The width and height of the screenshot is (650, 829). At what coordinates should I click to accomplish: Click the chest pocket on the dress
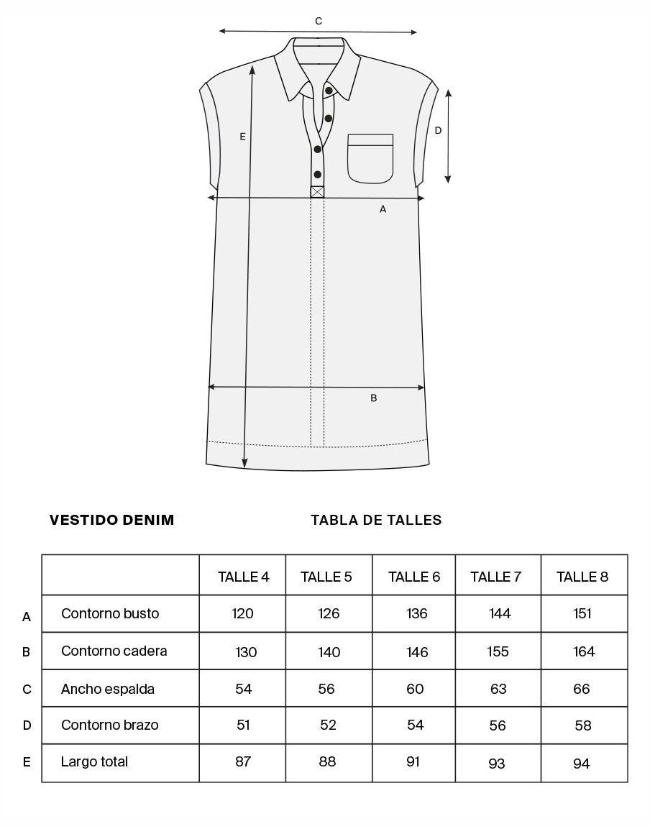coord(370,157)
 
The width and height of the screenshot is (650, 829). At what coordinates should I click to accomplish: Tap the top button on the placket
coord(329,91)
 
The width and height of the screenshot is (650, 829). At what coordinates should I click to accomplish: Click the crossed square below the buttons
coord(317,192)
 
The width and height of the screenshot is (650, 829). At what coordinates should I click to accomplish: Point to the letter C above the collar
coord(319,22)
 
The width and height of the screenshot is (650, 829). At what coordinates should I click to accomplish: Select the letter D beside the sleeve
coord(437,130)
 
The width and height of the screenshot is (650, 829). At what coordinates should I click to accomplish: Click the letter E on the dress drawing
coord(243,136)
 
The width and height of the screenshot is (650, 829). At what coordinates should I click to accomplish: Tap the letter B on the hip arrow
coord(373,398)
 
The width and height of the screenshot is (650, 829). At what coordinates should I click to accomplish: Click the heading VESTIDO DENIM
coord(112,520)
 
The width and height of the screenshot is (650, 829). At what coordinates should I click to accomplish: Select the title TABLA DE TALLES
coord(376,520)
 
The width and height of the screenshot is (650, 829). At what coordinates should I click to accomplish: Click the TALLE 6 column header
coord(414,577)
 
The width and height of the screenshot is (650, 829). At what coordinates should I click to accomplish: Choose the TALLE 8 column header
coord(582,577)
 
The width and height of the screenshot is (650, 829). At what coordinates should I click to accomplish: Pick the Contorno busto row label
coord(110,614)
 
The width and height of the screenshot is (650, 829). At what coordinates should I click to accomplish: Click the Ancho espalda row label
coord(108,689)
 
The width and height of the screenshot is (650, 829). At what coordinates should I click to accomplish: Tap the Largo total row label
coord(94,761)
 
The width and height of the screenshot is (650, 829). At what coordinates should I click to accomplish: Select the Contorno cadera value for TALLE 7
coord(498,651)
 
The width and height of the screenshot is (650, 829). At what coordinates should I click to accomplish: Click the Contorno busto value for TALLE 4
coord(243,614)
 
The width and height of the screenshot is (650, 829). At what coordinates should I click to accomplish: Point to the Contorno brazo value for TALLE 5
coord(328,725)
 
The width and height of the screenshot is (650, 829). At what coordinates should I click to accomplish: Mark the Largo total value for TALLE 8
coord(582,764)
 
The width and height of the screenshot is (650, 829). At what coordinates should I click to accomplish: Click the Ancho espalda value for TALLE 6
coord(415,689)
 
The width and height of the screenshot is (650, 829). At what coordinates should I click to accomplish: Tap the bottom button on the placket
coord(317,174)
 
